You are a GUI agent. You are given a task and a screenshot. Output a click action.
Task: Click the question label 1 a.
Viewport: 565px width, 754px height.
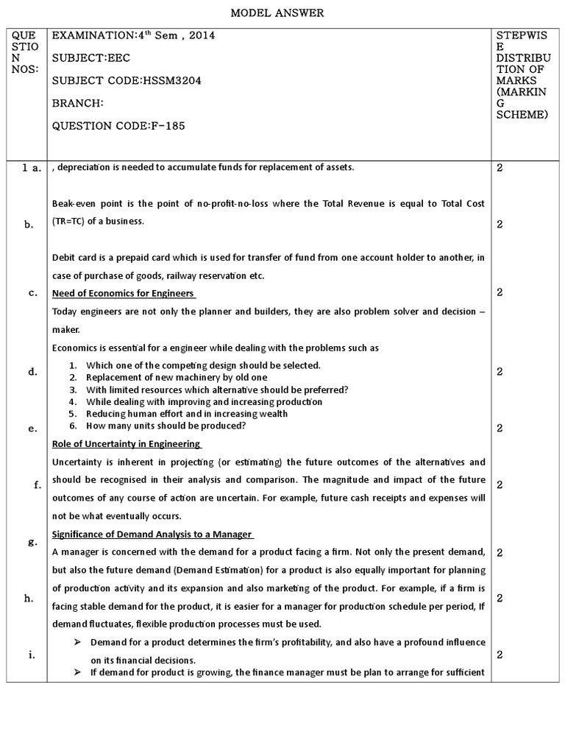[30, 168]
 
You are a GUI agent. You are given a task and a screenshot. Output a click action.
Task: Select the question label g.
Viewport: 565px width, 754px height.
[32, 541]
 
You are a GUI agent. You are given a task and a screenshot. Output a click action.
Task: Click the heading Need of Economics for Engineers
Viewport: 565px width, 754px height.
[124, 293]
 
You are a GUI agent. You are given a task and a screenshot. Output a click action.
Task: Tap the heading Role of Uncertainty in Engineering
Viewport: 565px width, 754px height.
[126, 444]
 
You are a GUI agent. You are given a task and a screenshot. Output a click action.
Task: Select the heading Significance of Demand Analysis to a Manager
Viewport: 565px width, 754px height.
[152, 534]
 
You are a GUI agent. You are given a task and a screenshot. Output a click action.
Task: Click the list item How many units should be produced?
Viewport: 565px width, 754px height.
[166, 426]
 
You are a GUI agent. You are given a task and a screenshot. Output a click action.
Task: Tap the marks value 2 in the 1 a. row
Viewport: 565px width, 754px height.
[500, 168]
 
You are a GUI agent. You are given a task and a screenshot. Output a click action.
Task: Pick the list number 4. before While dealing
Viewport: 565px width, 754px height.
[73, 401]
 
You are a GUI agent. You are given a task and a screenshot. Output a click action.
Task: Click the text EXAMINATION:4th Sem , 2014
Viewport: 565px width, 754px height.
[133, 35]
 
